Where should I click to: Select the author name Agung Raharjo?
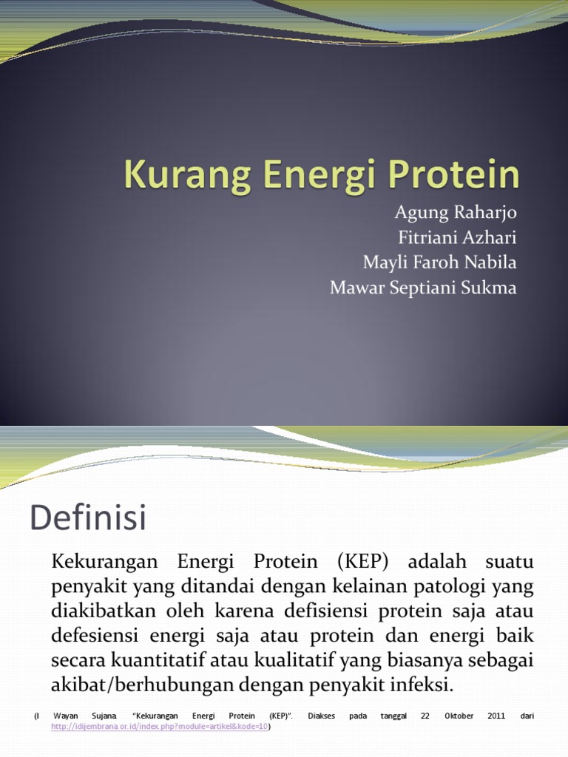click(456, 214)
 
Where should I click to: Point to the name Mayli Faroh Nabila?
click(439, 262)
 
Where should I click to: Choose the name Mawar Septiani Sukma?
click(423, 288)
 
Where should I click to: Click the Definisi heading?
click(88, 517)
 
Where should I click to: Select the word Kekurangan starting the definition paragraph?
click(101, 562)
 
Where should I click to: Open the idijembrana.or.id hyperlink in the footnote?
click(160, 727)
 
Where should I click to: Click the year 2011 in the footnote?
click(496, 716)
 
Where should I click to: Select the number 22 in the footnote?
click(425, 716)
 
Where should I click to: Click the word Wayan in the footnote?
click(65, 716)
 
